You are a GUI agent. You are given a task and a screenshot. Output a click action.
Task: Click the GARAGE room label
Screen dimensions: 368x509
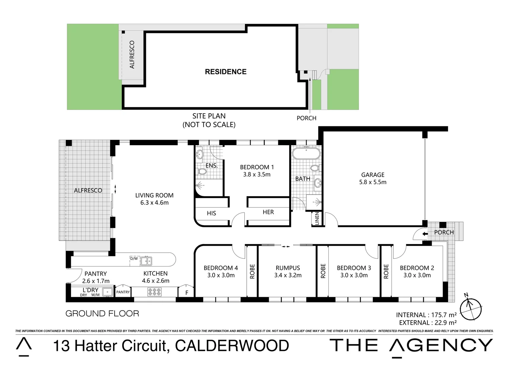[x=373, y=175]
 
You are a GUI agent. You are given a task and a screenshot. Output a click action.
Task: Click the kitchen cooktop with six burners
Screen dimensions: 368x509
[x=154, y=292]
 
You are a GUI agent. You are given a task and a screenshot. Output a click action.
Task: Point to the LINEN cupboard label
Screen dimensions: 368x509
[x=317, y=219]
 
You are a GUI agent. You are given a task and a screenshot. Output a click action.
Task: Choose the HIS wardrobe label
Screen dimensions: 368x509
[x=211, y=213]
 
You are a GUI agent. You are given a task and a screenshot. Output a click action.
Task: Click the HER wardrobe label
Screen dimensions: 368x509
[x=268, y=212]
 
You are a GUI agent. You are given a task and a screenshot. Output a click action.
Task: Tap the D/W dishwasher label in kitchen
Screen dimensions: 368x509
[x=134, y=259]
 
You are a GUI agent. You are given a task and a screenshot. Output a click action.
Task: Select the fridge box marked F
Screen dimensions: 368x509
[x=186, y=292]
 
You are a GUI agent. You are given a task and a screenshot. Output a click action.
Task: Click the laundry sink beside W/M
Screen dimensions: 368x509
[x=108, y=292]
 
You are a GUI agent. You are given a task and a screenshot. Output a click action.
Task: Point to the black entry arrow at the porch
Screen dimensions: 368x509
[x=425, y=234]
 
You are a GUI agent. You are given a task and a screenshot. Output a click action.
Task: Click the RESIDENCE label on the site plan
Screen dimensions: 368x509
[x=226, y=72]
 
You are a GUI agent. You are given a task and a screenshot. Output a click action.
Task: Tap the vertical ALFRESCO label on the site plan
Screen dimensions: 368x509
[x=132, y=55]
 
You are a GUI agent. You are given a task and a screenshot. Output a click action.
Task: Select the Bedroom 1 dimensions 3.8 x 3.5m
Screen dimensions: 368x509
[x=257, y=174]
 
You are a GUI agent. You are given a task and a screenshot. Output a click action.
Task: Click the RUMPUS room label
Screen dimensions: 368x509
[x=288, y=268]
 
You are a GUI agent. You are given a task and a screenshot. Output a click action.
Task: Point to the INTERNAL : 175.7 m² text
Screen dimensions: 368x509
[x=426, y=315]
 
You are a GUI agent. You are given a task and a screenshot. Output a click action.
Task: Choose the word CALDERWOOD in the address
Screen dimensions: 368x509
[x=232, y=346]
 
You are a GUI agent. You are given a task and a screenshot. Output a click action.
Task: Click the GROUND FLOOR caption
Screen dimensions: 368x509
[x=102, y=313]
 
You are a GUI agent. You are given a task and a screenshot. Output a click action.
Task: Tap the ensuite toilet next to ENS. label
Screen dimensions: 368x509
[x=202, y=171]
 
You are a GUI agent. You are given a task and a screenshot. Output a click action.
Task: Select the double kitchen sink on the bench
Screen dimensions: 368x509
[x=146, y=261]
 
